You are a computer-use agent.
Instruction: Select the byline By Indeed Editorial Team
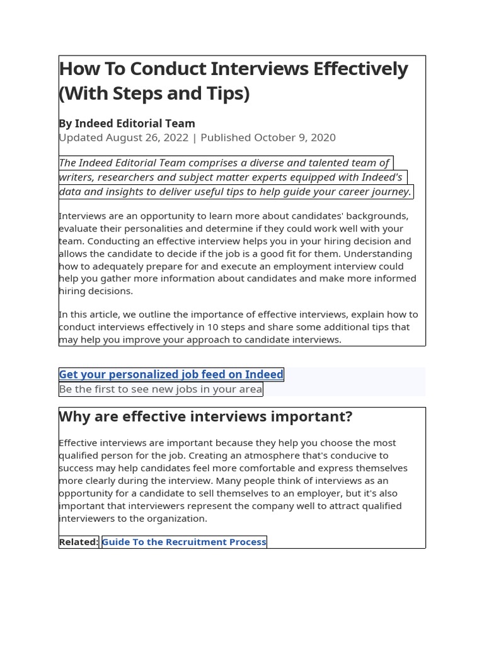pos(127,124)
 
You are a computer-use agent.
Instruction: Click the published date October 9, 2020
pos(294,138)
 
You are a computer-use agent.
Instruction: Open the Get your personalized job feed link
pos(171,375)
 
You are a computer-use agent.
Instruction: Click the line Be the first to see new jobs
pos(160,389)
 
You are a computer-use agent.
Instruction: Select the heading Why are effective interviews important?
pos(205,417)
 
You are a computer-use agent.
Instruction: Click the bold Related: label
pos(79,542)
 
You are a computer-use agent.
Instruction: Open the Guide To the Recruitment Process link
pos(184,542)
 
